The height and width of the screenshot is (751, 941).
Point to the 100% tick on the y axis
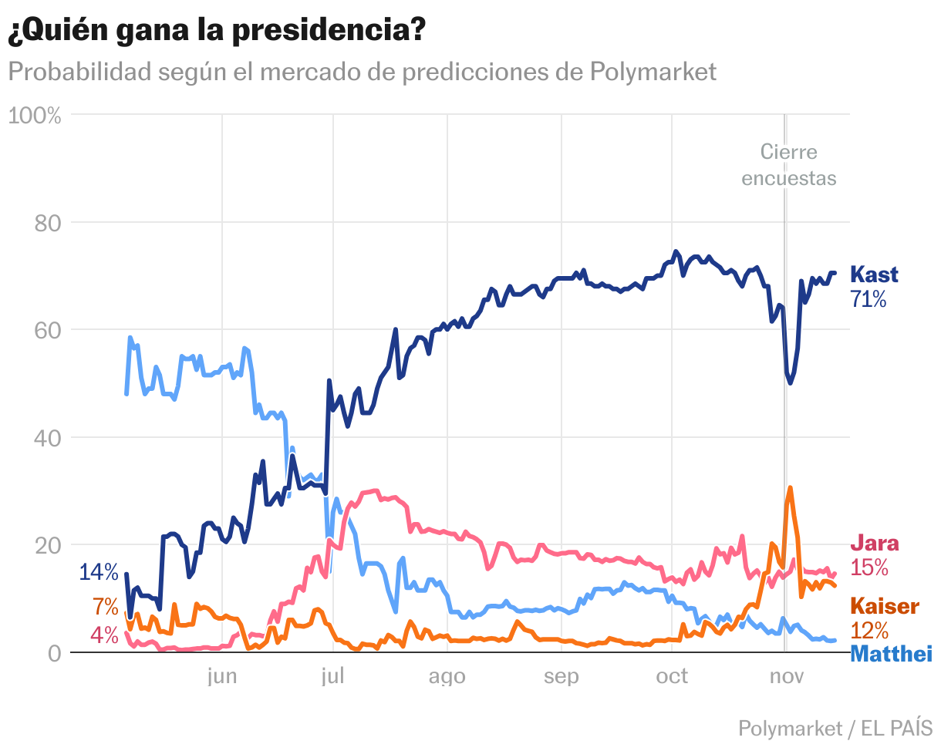[34, 116]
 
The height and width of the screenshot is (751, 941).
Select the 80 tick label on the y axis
[48, 224]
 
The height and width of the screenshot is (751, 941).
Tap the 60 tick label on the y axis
[48, 331]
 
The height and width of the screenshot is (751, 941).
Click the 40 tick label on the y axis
[48, 439]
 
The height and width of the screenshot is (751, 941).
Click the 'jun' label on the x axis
[222, 676]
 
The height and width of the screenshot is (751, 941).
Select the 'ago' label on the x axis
[447, 676]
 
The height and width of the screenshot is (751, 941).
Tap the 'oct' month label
[672, 676]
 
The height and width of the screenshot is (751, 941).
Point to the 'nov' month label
[785, 676]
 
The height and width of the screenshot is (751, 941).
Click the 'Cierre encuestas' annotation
[788, 165]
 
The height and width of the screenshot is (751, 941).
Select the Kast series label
[874, 275]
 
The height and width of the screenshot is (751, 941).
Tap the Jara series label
[874, 544]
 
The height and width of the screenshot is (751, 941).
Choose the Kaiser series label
[884, 605]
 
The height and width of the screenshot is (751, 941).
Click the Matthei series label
[891, 655]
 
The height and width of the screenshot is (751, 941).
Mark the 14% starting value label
[99, 572]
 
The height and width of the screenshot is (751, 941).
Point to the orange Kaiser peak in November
[790, 488]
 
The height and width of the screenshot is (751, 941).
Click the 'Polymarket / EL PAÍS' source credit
[835, 727]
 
